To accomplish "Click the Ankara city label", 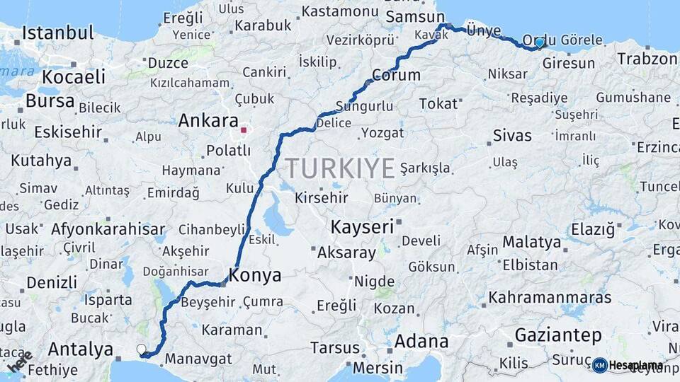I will (x=208, y=120).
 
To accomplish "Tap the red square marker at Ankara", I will (x=244, y=130).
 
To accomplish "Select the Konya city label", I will (x=254, y=275).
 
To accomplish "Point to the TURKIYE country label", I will (x=340, y=168).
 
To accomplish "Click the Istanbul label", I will (x=58, y=33).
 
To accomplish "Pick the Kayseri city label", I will (x=362, y=227).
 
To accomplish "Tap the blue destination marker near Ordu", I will (x=540, y=42).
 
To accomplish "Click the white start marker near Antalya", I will (x=141, y=349).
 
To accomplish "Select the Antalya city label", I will (x=80, y=349).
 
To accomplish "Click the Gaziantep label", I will (x=559, y=335).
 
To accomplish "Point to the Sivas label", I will (x=512, y=135).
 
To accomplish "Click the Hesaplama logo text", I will (x=636, y=366).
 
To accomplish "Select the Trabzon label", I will (x=647, y=59).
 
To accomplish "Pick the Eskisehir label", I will (x=63, y=132).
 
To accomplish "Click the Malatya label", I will (x=531, y=242).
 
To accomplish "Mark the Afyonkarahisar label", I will (x=108, y=229).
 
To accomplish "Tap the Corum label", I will (x=396, y=75).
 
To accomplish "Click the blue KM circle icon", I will (x=600, y=366).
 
